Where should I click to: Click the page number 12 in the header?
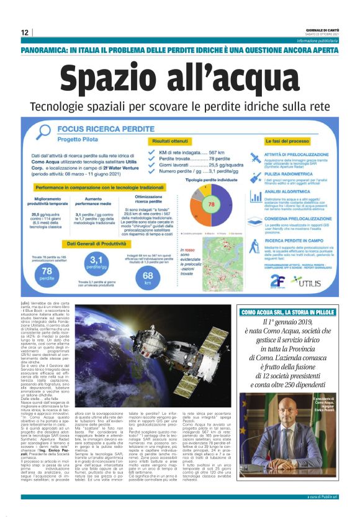point(25,32)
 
